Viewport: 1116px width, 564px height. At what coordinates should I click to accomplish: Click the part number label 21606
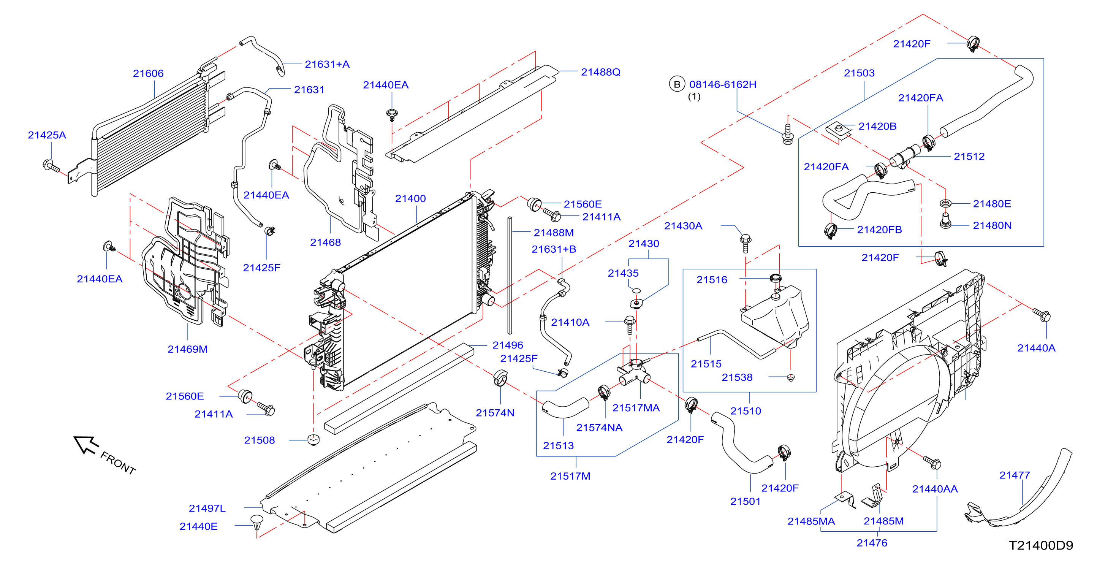[148, 73]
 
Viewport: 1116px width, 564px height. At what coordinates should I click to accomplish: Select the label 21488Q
[600, 72]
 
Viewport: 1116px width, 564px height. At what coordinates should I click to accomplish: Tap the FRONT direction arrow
[86, 445]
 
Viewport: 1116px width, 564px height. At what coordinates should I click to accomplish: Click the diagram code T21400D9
[1041, 545]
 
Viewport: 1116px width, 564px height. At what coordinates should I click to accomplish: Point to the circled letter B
[677, 84]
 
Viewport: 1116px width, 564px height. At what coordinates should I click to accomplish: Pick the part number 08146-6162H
[723, 84]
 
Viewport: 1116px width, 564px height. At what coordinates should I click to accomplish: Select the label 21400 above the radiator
[410, 198]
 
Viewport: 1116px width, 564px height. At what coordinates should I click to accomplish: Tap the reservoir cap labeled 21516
[776, 278]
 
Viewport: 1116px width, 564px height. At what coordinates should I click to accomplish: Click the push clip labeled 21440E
[256, 522]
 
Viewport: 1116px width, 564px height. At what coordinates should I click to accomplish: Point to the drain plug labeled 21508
[313, 440]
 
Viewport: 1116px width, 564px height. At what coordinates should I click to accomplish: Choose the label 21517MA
[636, 408]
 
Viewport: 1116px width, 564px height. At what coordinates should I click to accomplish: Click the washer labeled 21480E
[945, 203]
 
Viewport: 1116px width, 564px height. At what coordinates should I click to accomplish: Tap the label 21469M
[188, 349]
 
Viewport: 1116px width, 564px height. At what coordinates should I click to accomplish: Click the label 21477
[1014, 475]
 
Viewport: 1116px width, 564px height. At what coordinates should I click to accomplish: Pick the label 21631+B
[554, 249]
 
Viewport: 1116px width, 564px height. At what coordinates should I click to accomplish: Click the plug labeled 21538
[791, 378]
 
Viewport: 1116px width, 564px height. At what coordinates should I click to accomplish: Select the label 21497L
[207, 508]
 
